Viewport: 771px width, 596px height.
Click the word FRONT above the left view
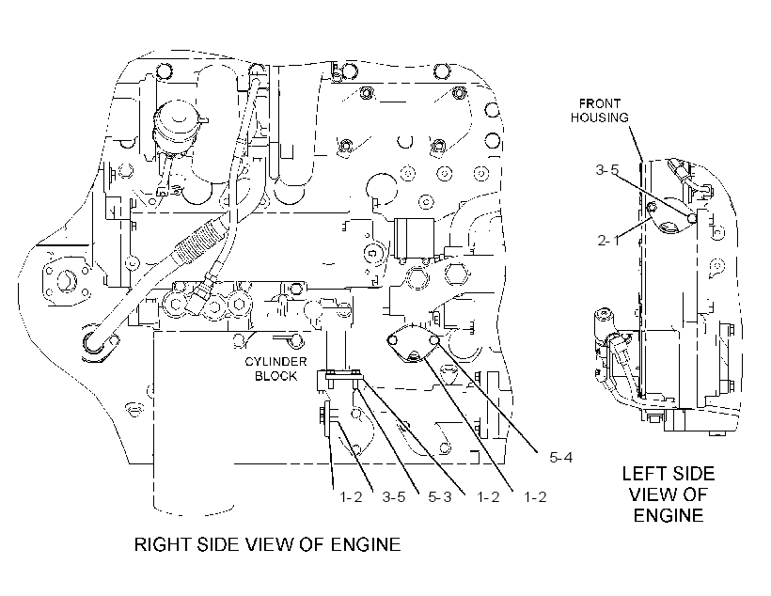(599, 103)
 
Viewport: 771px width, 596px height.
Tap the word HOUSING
(599, 118)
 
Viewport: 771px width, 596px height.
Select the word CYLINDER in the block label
(275, 362)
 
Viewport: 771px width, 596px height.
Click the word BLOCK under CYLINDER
(275, 376)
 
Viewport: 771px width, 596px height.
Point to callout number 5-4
(561, 458)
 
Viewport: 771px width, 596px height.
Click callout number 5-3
(440, 497)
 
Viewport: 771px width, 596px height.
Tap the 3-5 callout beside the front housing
(607, 170)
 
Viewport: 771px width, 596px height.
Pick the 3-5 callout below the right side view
(394, 497)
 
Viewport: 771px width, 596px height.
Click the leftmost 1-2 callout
(351, 497)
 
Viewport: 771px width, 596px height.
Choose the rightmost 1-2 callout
(535, 497)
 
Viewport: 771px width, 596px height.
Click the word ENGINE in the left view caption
(669, 515)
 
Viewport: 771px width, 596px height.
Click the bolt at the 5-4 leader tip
(434, 339)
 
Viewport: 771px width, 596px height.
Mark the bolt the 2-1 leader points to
(653, 208)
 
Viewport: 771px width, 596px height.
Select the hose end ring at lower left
(94, 339)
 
